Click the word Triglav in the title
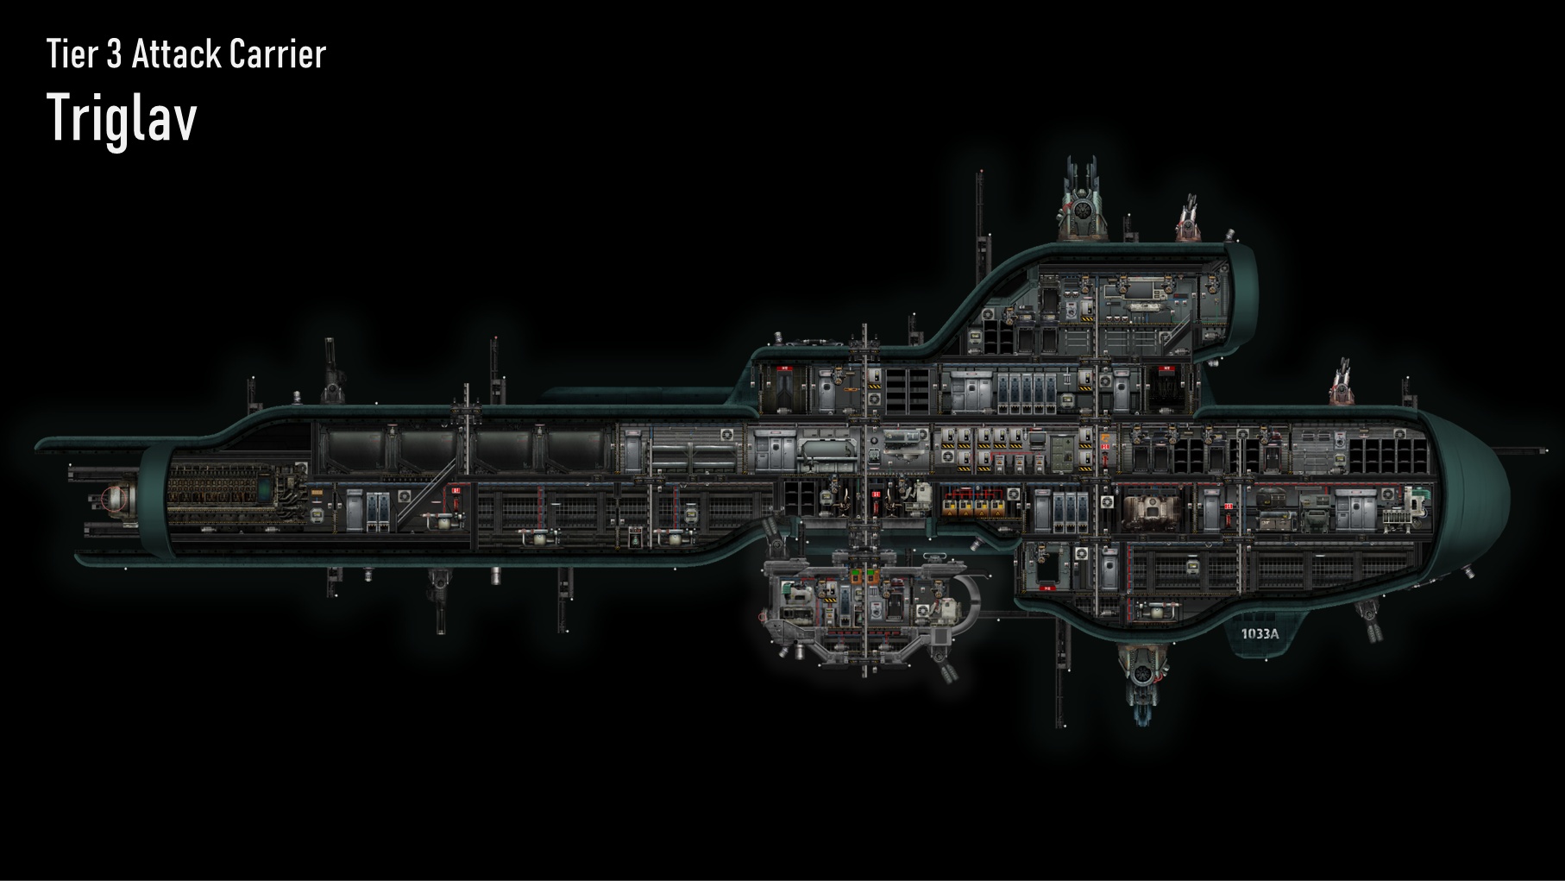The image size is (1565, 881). coord(122,118)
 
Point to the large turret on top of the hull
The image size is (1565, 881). coord(1081,203)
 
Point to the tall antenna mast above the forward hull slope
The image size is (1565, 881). coord(980,224)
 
